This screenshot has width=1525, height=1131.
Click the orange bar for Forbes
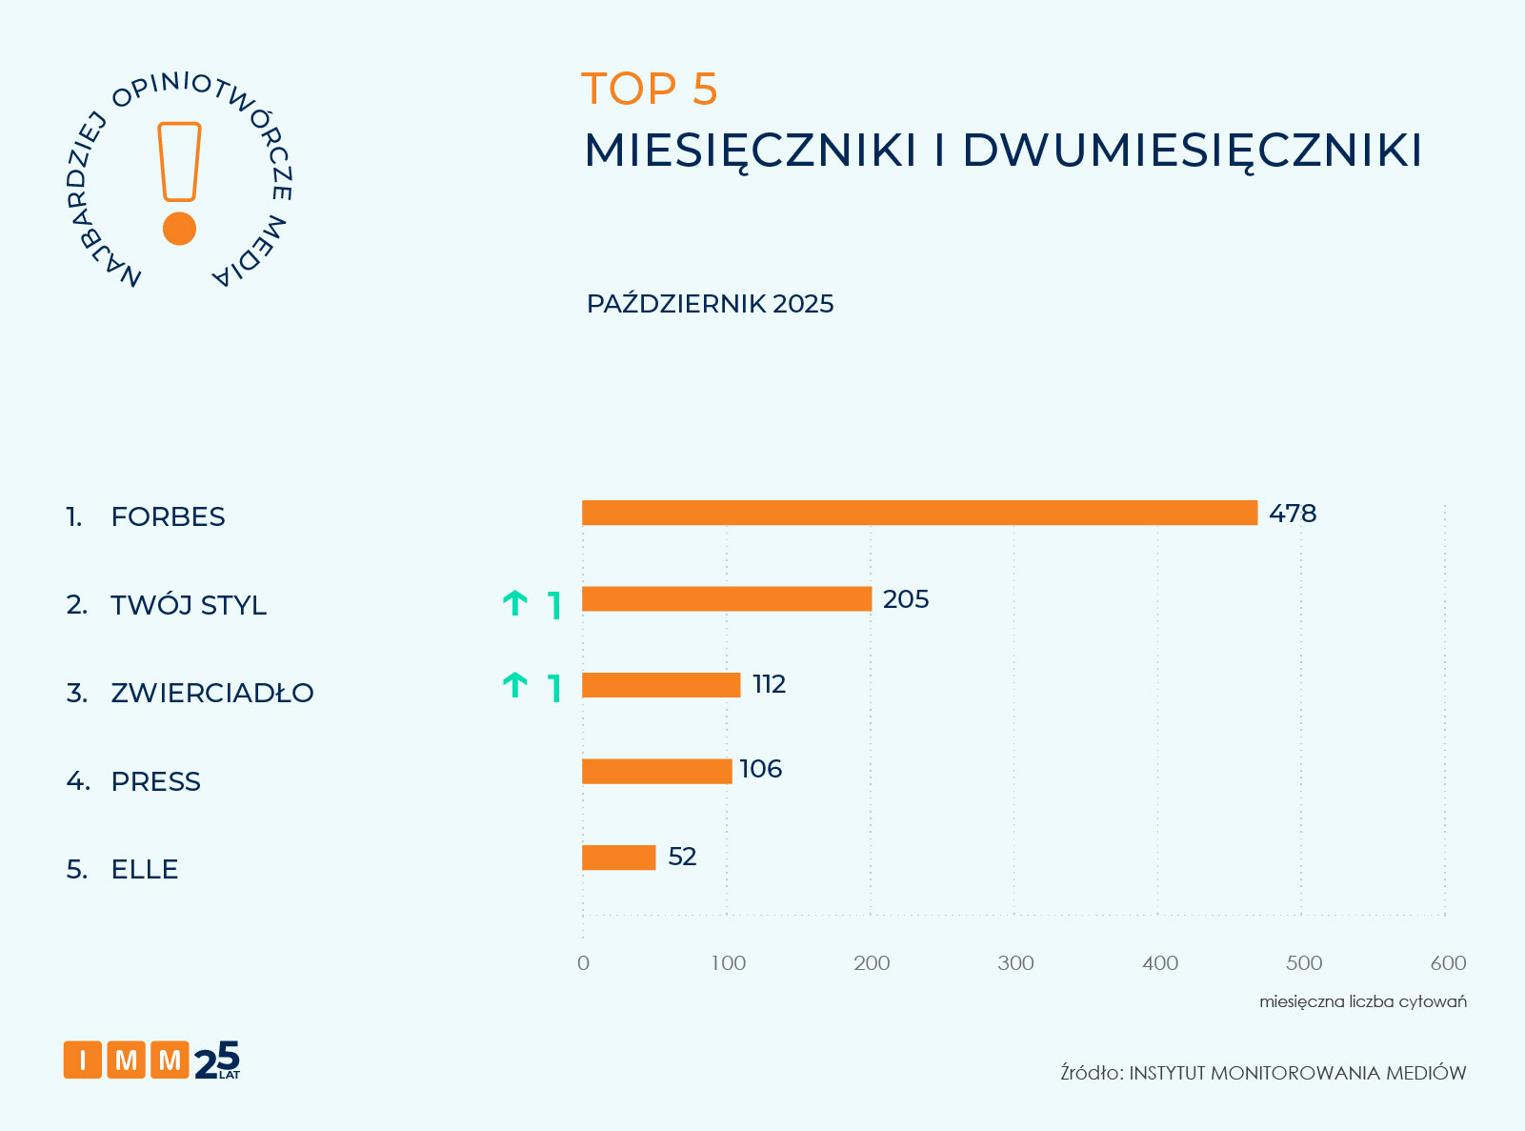[x=919, y=513]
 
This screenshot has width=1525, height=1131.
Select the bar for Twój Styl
[x=726, y=598]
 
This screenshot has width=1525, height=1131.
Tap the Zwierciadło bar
[x=660, y=684]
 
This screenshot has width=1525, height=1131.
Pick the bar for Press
[x=656, y=771]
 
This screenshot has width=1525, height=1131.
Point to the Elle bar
[x=618, y=858]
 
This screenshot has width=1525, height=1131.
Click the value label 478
[x=1293, y=514]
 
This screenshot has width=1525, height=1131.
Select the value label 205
[x=905, y=599]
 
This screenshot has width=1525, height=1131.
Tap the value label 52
[x=682, y=857]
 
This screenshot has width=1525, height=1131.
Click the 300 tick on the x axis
[x=1015, y=963]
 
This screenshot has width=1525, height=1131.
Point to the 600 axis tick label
[x=1448, y=963]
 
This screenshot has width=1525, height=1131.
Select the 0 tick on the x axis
[x=583, y=963]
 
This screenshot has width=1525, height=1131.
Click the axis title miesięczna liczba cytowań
[x=1362, y=1001]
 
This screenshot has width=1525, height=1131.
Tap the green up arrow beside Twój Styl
[x=514, y=603]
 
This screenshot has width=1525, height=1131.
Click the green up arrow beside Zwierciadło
[x=514, y=685]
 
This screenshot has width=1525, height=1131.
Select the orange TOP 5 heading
[x=649, y=89]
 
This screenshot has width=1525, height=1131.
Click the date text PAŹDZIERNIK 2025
[x=710, y=304]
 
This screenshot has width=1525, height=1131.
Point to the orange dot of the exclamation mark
[x=179, y=229]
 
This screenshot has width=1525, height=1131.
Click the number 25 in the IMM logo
[x=217, y=1060]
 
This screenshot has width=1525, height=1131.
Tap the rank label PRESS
[x=155, y=781]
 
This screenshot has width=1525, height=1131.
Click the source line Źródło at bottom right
[x=1263, y=1073]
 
